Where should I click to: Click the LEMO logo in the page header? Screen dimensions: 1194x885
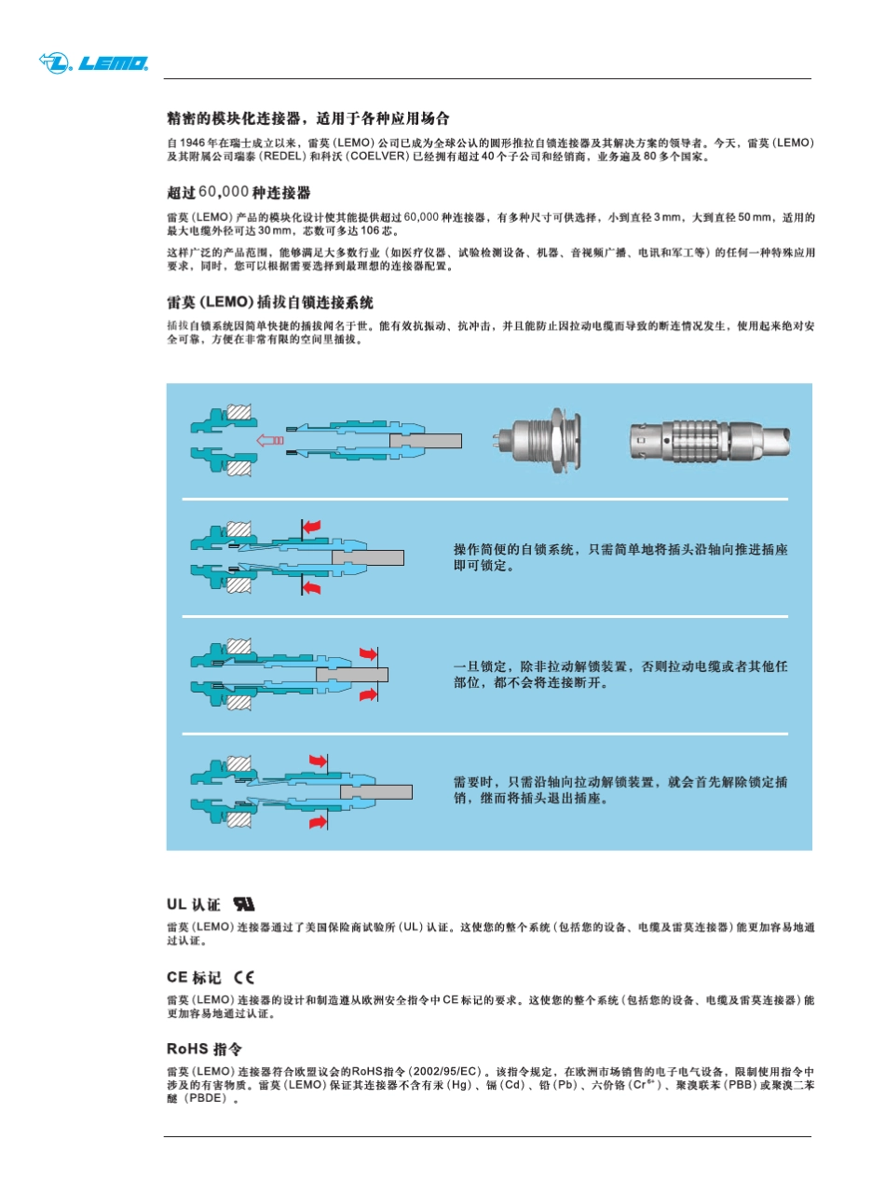pyautogui.click(x=93, y=63)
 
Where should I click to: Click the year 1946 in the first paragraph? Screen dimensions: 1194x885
pyautogui.click(x=191, y=143)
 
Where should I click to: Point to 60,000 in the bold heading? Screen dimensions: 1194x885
pyautogui.click(x=224, y=192)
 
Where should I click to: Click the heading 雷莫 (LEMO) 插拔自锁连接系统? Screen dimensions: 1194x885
pyautogui.click(x=270, y=303)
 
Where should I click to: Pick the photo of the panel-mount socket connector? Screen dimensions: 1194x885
pyautogui.click(x=538, y=439)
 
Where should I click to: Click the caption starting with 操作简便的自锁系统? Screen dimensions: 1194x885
pyautogui.click(x=619, y=556)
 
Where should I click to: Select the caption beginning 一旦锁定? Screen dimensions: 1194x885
pyautogui.click(x=619, y=674)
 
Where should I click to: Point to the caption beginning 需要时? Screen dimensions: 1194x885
pyautogui.click(x=619, y=790)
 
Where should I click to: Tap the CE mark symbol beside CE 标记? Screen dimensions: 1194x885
pyautogui.click(x=244, y=978)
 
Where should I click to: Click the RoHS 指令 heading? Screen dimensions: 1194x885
pyautogui.click(x=205, y=1049)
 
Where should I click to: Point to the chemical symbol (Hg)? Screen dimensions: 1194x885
pyautogui.click(x=460, y=1086)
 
